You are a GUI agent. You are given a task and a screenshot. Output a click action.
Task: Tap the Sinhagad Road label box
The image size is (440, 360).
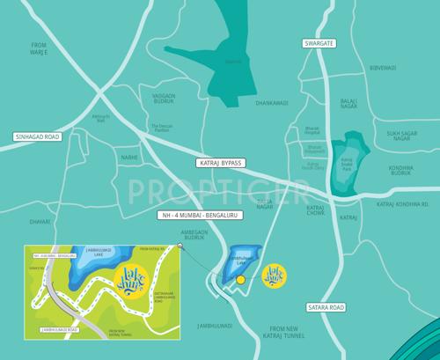(36, 136)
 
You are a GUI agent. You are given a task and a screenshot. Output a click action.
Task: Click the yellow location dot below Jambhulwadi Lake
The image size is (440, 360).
(240, 280)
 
